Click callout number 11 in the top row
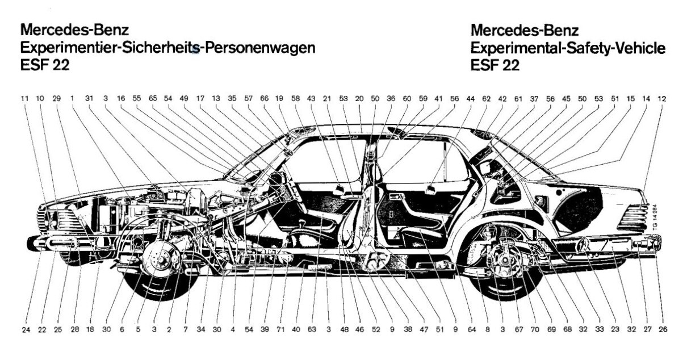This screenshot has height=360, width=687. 24,98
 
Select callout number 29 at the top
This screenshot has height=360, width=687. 56,98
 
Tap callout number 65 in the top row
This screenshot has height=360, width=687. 152,98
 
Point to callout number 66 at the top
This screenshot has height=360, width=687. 264,98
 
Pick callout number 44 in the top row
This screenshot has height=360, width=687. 470,98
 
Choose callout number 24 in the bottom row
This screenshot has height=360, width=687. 26,329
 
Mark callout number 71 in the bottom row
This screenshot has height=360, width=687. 280,329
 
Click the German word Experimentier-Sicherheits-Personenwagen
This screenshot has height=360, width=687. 167,48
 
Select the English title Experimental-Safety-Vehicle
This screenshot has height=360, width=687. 568,48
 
